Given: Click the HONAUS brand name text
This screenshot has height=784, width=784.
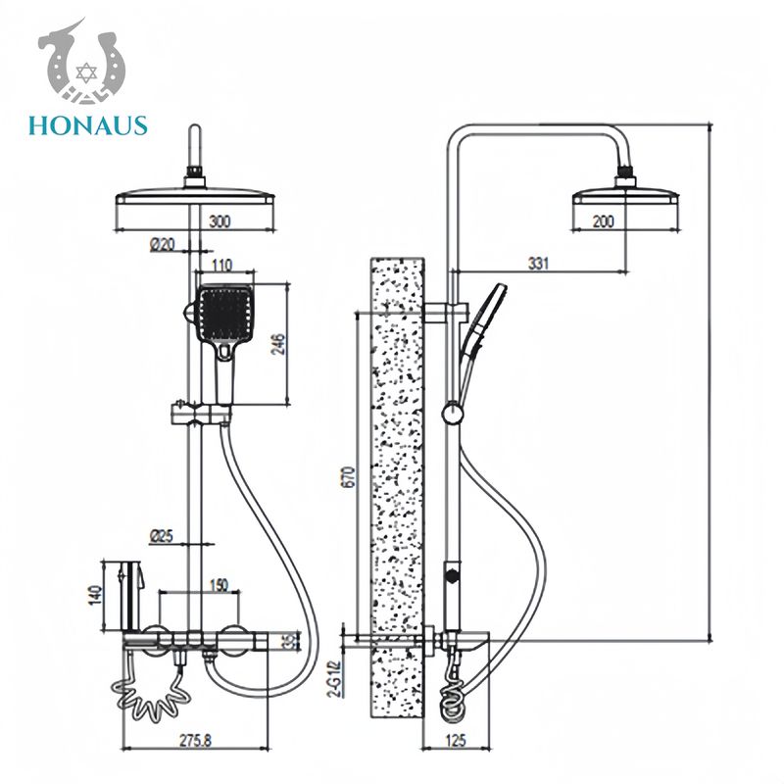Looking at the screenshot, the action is [x=88, y=125].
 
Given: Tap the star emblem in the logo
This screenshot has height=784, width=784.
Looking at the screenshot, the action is [x=86, y=73].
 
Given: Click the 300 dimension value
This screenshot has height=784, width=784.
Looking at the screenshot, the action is [x=220, y=221].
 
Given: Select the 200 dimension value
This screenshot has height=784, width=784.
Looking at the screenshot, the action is [x=603, y=221].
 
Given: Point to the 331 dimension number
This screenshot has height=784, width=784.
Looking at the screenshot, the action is [x=538, y=263].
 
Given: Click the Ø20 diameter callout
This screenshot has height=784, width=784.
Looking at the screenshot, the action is [x=163, y=244].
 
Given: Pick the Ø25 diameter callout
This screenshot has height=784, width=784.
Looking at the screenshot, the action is [x=161, y=536].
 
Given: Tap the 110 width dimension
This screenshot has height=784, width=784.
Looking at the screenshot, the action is [x=221, y=265].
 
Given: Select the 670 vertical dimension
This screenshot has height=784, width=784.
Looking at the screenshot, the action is [x=349, y=477].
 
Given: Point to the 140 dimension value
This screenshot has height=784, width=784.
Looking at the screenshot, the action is [x=94, y=596].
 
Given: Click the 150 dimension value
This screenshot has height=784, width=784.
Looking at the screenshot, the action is [x=218, y=584].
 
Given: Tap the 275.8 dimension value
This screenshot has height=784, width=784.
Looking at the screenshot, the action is [x=195, y=740].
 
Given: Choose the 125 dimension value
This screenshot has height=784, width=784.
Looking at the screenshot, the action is [x=455, y=740].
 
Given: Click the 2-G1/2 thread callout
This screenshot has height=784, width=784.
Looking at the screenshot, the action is [x=337, y=677].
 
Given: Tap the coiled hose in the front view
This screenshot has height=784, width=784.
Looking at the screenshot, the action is [x=150, y=692].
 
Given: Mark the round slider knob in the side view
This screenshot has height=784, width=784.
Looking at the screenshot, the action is [x=452, y=414].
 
